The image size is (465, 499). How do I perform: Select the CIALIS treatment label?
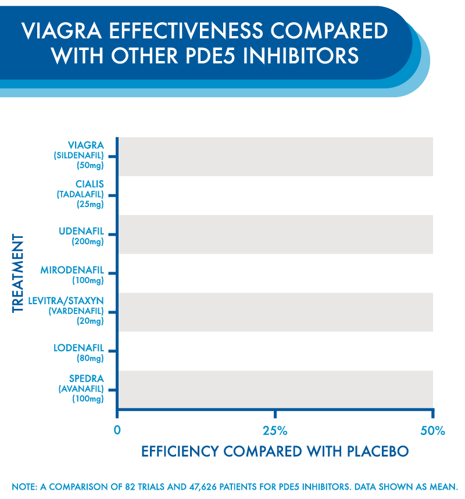[x=90, y=184]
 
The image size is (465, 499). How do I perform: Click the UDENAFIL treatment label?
[x=81, y=231]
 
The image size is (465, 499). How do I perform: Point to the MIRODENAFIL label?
[x=72, y=270]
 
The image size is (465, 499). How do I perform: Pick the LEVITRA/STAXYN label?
[x=66, y=300]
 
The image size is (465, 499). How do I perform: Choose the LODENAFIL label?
[x=78, y=348]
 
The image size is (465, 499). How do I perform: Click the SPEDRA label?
[x=85, y=378]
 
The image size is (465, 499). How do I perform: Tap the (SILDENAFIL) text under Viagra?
[x=78, y=155]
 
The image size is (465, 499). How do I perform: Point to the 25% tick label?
[x=275, y=432]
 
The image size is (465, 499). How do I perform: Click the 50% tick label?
[x=432, y=432]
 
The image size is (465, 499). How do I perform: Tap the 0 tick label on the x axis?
[x=117, y=432]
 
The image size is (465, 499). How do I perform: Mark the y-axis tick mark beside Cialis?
[x=112, y=195]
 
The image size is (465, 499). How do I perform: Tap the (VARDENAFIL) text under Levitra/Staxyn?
[x=75, y=311]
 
